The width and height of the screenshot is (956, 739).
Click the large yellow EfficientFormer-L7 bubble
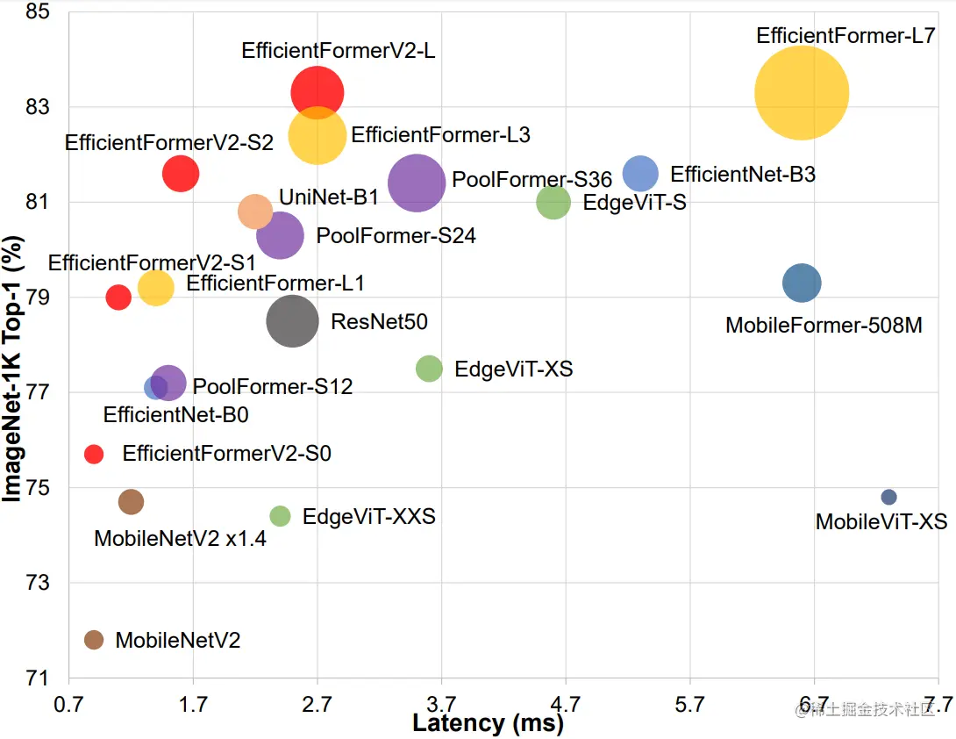pos(802,92)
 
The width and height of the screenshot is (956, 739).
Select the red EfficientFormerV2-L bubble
pos(317,92)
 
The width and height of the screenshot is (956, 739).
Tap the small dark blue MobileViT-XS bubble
pos(888,497)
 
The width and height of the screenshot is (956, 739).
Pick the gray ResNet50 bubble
pos(292,321)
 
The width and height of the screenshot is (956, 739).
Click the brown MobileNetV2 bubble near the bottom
pos(94,640)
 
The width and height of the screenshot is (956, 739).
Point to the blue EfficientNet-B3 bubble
pos(640,174)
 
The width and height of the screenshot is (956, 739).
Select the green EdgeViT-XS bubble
pos(429,369)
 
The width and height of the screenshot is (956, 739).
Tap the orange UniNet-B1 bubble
pos(255,211)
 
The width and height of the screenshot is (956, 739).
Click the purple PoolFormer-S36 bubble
pos(417,183)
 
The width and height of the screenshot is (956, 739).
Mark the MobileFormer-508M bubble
pos(802,283)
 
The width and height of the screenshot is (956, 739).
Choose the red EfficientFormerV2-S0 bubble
pos(94,454)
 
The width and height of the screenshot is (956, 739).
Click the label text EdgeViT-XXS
pos(368,516)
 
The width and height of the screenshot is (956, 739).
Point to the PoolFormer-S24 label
pos(396,235)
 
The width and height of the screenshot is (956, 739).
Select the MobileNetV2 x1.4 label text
pos(180,538)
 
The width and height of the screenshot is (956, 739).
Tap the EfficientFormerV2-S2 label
pos(169,140)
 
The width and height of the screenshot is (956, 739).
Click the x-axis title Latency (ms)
pos(488,724)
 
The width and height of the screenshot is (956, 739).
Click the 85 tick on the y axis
pos(40,12)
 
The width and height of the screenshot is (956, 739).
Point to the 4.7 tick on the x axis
pos(566,703)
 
